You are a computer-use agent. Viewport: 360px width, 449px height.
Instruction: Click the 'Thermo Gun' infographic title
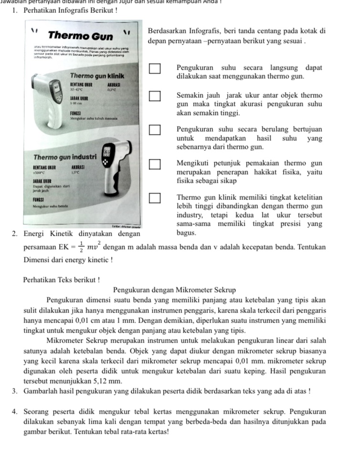coord(81,36)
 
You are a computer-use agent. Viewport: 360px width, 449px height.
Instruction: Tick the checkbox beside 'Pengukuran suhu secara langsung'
coord(155,71)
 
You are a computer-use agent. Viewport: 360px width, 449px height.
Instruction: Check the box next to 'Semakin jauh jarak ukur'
coord(155,98)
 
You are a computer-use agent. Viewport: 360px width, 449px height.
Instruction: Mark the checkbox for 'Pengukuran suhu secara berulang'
coord(155,129)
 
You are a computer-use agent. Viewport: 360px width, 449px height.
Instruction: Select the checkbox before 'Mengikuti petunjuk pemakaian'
coord(155,165)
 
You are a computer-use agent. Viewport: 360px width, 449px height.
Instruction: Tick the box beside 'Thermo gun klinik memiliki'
coord(155,198)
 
